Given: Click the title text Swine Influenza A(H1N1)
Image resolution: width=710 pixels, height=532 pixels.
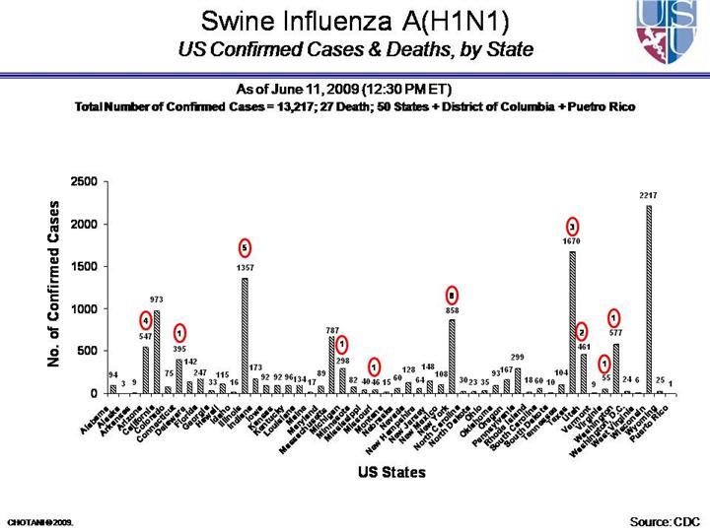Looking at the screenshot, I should tap(355, 21).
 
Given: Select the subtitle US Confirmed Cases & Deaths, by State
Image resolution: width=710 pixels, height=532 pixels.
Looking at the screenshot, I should tap(355, 48).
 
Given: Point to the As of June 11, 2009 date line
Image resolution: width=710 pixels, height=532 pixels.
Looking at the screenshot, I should tap(354, 90).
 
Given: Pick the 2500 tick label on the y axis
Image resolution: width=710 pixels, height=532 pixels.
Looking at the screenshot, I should tap(84, 182).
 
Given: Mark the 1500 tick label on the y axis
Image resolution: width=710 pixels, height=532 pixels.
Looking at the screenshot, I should tap(84, 267).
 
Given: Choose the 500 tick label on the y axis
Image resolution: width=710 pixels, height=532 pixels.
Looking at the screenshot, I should tap(88, 352).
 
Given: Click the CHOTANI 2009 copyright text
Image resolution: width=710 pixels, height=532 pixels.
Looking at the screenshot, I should tap(40, 520).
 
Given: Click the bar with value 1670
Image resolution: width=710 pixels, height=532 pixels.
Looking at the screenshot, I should tap(572, 322).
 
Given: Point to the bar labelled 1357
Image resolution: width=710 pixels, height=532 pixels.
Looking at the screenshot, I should tap(245, 335).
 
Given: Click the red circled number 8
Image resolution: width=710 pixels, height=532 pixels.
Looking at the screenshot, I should tap(451, 295).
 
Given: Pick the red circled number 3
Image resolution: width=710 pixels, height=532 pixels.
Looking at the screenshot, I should tap(572, 226).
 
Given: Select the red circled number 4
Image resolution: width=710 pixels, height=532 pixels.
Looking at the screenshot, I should tap(145, 320).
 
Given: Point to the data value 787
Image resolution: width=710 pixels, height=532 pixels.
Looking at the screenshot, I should tap(332, 330).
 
